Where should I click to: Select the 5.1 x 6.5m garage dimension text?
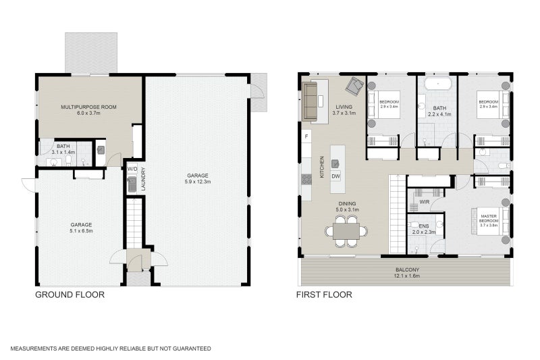(81, 231)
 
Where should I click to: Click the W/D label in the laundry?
(132, 169)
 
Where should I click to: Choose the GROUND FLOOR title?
(70, 294)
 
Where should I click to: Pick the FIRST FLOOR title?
(324, 294)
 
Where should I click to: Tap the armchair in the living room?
(354, 86)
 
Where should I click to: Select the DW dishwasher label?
(336, 176)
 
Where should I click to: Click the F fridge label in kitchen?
(307, 137)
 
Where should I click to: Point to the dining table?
(346, 231)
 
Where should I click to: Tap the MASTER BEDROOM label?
(488, 220)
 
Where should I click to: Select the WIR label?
(425, 201)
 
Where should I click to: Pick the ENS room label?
(424, 226)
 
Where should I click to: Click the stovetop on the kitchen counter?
(306, 179)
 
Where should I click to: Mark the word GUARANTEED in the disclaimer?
(188, 349)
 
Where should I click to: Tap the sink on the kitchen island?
(335, 163)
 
